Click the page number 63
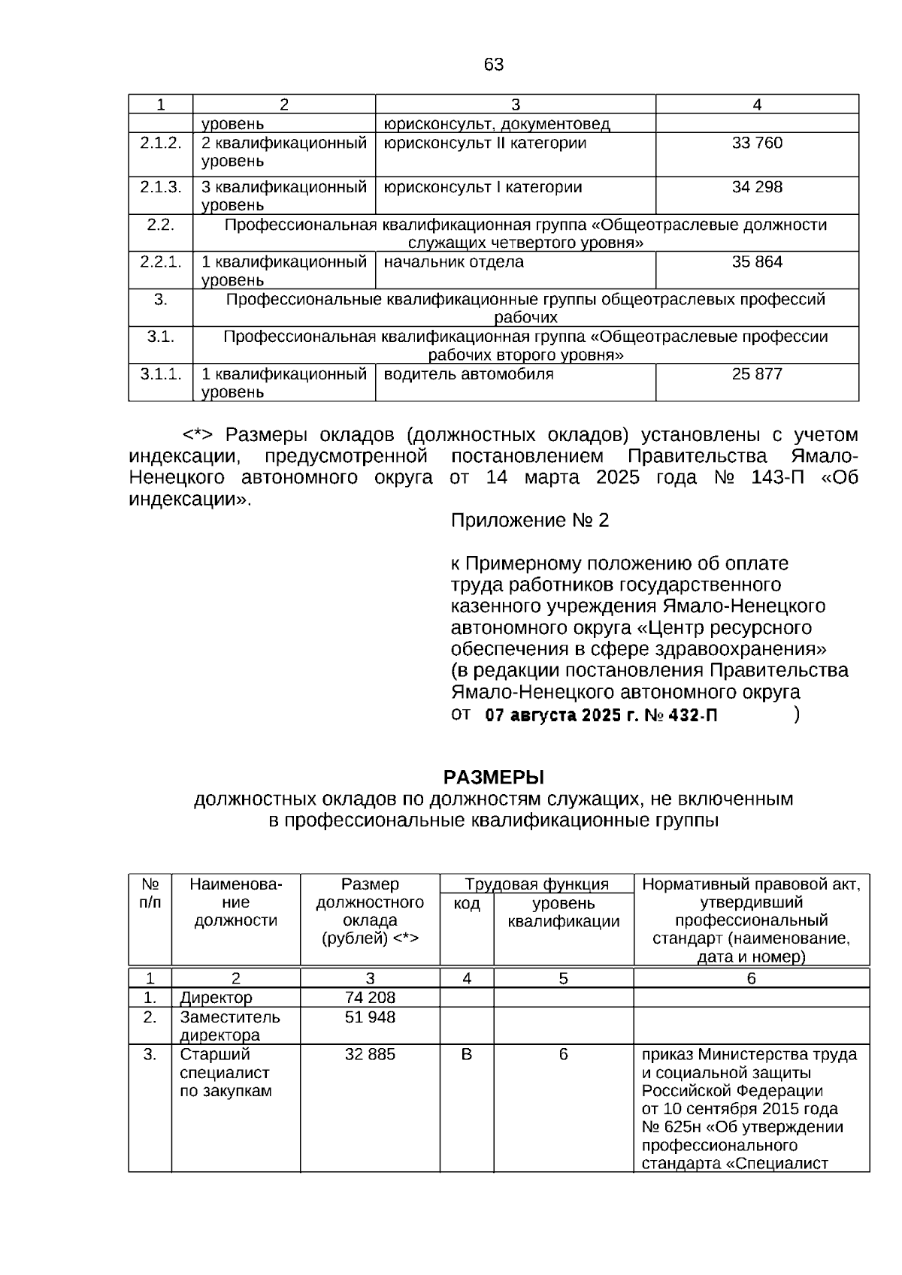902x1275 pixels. coord(494,65)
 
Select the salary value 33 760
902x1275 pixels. coord(757,143)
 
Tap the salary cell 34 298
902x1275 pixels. coord(757,187)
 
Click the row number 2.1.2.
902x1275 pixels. coord(161,143)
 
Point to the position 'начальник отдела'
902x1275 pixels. coord(453,262)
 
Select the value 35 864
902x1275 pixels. coord(757,262)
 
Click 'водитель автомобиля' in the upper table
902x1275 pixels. coord(468,374)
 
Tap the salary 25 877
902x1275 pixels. coord(757,374)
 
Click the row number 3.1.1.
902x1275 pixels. coord(161,374)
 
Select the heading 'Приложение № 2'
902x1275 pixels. coord(529,521)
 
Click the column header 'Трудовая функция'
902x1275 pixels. coord(537,884)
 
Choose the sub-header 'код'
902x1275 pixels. coord(467,903)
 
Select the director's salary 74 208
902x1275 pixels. coord(370,998)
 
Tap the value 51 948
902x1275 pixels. coord(370,1017)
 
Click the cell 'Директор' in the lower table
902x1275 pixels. coord(216,998)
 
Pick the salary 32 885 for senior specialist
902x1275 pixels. coord(370,1055)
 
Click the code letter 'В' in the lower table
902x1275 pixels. coord(467,1055)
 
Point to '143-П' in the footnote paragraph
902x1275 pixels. coord(776,478)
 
